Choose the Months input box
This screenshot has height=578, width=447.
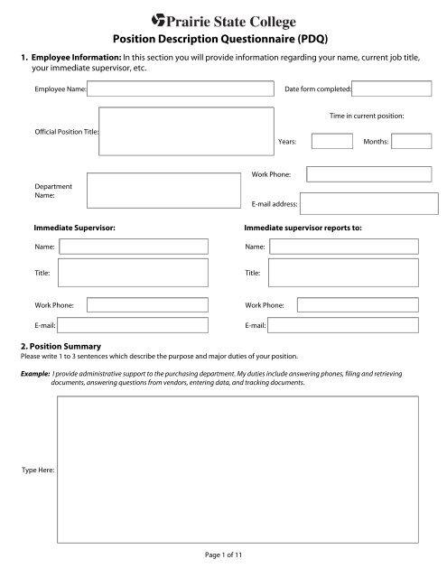click(x=412, y=141)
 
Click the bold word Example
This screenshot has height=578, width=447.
click(x=34, y=372)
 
